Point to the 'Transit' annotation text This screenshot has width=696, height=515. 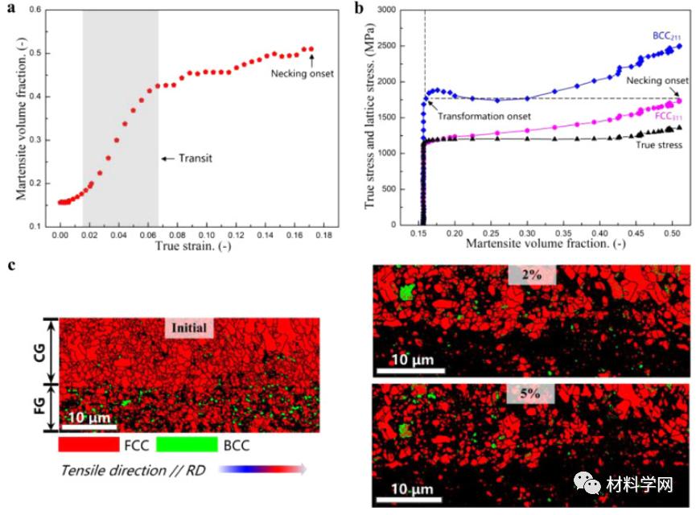pos(196,159)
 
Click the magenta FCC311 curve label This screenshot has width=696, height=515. pos(667,117)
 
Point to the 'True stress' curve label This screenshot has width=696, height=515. pos(660,145)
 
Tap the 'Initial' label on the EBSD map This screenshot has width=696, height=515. pos(187,328)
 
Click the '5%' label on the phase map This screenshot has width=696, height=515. pos(530,393)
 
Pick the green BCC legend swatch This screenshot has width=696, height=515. pos(187,444)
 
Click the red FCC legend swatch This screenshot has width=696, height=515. pos(89,444)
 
